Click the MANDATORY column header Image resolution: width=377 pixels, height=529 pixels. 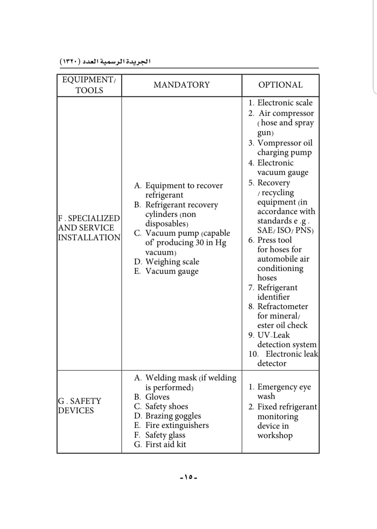182,85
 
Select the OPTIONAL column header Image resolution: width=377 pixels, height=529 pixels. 280,85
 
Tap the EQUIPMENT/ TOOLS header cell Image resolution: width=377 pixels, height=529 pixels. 89,85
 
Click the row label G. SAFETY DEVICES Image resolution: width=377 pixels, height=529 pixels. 80,406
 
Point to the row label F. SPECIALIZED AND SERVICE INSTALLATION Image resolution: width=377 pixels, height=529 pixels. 89,228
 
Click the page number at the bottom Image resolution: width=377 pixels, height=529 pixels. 188,477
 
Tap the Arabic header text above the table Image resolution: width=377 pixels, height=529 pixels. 105,62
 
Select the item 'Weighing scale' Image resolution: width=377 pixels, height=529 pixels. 172,262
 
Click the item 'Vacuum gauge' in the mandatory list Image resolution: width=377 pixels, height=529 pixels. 172,271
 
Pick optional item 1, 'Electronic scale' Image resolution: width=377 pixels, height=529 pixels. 284,103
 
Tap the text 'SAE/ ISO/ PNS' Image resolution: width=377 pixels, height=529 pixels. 285,231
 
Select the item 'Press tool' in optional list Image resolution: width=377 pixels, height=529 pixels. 274,240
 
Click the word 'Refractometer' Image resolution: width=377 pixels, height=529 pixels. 282,306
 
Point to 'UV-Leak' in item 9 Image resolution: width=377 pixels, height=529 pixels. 273,335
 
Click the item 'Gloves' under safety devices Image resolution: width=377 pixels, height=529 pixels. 157,397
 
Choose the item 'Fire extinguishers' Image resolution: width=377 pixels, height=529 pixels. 177,425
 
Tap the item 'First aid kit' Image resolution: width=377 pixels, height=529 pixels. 165,444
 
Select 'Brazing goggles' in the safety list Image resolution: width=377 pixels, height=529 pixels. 173,416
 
